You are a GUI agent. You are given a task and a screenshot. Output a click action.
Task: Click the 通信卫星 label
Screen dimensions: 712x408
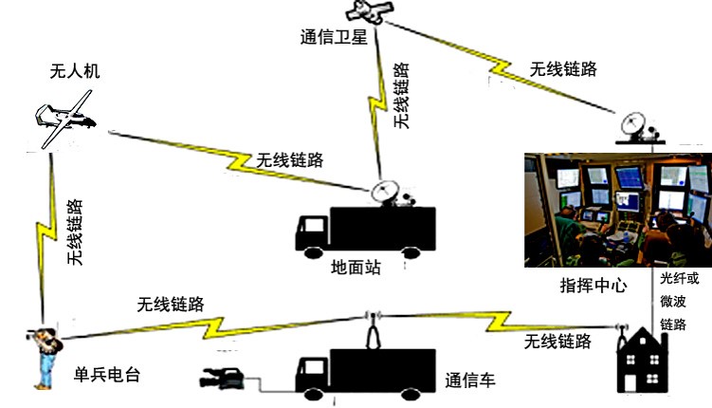pos(332,39)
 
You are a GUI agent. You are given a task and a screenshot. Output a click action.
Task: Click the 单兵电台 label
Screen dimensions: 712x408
pos(106,374)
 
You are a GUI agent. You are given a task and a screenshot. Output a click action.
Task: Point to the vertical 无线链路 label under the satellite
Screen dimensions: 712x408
pos(401,95)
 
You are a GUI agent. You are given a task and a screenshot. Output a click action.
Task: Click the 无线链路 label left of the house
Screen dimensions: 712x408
pos(558,341)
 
